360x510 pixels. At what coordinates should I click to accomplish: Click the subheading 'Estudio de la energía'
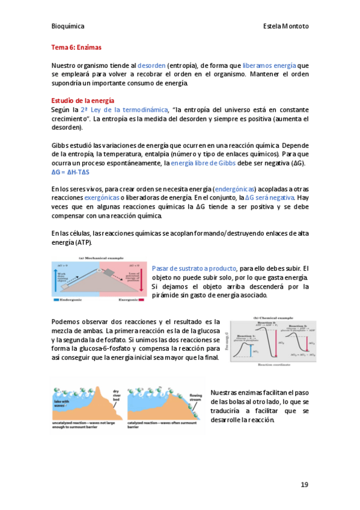tap(82, 100)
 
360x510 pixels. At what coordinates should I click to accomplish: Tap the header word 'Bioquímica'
tap(67, 26)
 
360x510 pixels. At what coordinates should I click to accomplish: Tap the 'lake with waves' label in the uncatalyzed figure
tap(62, 402)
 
